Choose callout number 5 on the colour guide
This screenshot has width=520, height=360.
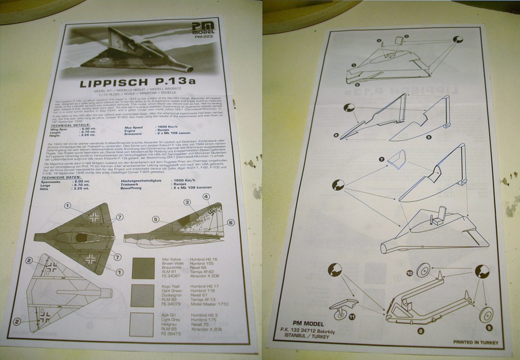pyautogui.click(x=155, y=219)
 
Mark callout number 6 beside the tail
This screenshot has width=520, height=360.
pyautogui.click(x=231, y=222)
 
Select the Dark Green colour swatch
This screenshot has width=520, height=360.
pyautogui.click(x=142, y=296)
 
